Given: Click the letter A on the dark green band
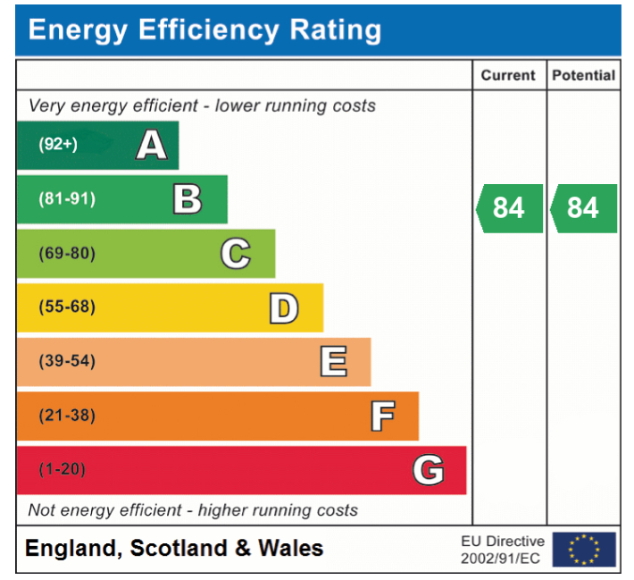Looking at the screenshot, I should point(151,145).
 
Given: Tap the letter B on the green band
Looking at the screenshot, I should point(187,199).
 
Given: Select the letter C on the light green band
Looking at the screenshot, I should point(236,254).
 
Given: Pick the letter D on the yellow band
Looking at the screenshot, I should point(283,308).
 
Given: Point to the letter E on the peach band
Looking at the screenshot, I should point(333,362).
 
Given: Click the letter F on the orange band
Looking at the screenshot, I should point(382,416).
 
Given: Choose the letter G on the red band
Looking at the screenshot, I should point(429,470).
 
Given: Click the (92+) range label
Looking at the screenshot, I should point(58,145).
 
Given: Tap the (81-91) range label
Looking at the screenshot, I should point(66,199).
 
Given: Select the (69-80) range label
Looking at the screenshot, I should point(66,254).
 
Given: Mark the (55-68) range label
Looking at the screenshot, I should point(66,308).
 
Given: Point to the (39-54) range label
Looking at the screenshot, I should point(66,362).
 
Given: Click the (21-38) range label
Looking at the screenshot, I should point(66,416).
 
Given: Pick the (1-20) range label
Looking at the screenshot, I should point(62,470).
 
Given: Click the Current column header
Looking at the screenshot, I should point(508,76).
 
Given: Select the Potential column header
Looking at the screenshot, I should point(583,76).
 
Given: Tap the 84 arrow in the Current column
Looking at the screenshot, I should point(509,208).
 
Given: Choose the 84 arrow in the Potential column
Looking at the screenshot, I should point(583,208).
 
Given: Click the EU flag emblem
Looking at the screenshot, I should point(584,550).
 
